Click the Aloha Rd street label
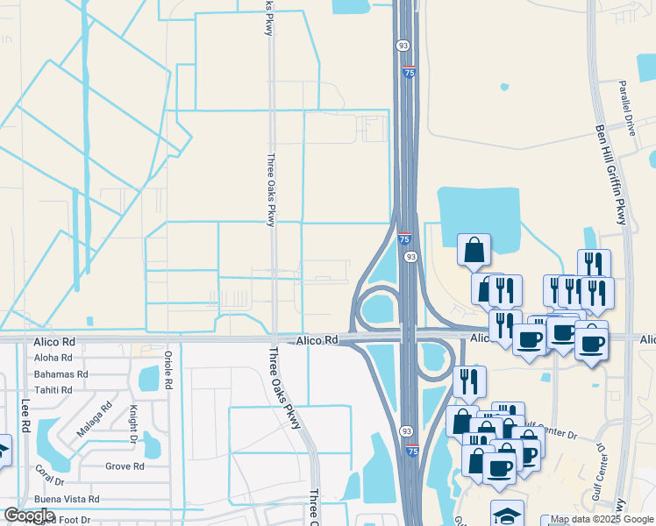coord(53,358)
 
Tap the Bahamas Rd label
coord(61,373)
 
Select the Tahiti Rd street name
coord(53,389)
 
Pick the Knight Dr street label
coord(134,421)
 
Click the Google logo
coord(29,515)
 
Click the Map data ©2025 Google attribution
coord(602,520)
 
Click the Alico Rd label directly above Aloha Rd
coord(53,341)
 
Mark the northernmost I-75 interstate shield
coord(409,73)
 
